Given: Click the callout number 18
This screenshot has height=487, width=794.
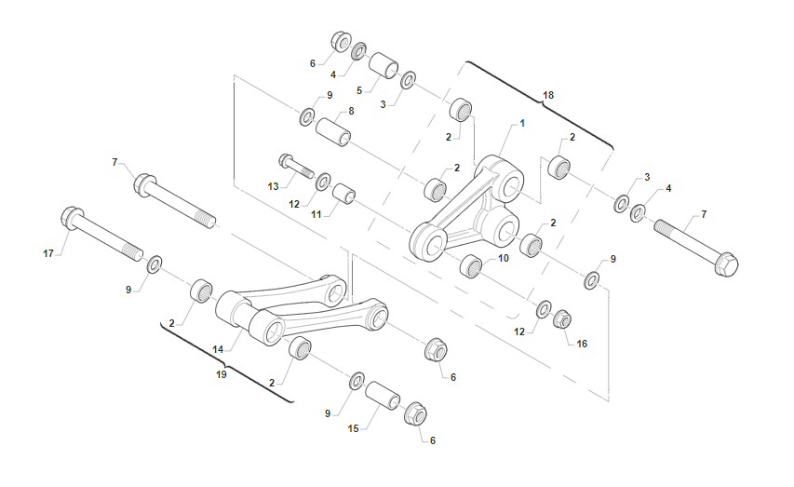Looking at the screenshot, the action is click(x=548, y=95).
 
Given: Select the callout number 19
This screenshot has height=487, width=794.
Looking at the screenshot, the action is click(x=222, y=374).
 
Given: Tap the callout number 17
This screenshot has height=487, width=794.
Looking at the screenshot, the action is click(x=48, y=253).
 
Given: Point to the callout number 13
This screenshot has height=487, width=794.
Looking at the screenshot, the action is click(x=273, y=186).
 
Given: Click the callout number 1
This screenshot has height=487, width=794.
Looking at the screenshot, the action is click(x=522, y=123).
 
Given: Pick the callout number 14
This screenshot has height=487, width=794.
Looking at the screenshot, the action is click(x=218, y=349).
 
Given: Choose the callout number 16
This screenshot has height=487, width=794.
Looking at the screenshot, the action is click(x=582, y=344).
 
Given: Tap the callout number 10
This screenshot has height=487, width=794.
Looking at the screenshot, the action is click(x=504, y=258).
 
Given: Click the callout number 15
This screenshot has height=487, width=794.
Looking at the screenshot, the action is click(x=353, y=428).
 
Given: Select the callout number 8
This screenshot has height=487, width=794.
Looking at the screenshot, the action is click(x=351, y=111).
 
